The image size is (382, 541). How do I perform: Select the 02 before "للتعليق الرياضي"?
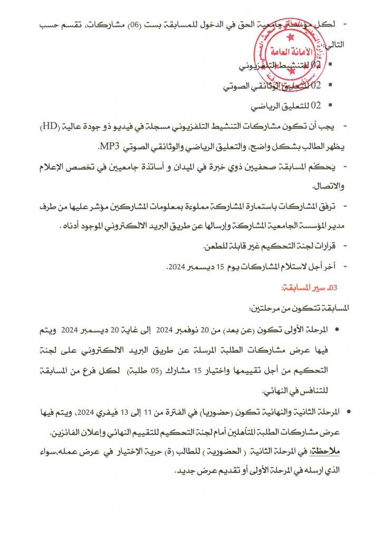click(316, 106)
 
